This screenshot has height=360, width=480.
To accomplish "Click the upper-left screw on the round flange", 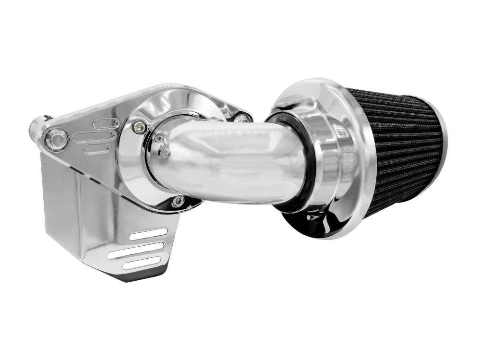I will point(139,126).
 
